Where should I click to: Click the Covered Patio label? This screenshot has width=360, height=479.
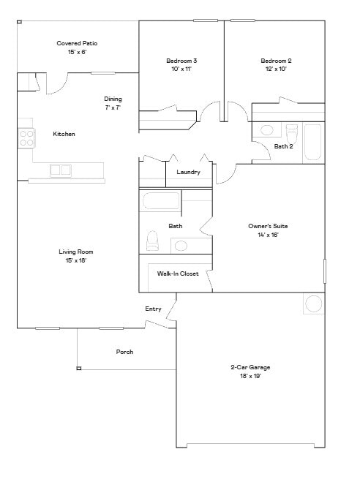[x=77, y=44]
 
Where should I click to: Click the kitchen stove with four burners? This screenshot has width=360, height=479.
[x=26, y=137]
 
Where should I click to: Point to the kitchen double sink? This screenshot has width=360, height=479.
[x=61, y=170]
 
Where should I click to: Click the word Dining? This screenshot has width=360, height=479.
[x=113, y=99]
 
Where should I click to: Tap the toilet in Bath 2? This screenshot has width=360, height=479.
[x=291, y=134]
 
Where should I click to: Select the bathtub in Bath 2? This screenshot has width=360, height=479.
[x=312, y=142]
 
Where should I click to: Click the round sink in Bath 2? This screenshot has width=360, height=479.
[x=267, y=130]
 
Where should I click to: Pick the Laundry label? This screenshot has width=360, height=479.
[x=189, y=173]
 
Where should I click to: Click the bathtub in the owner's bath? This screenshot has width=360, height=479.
[x=161, y=201]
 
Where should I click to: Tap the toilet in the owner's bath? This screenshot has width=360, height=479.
[x=153, y=240]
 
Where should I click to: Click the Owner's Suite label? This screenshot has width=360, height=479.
[x=268, y=227]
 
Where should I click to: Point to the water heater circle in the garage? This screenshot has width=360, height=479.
[x=314, y=303]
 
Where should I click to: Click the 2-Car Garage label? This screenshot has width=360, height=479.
[x=250, y=367]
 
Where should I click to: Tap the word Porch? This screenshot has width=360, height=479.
[x=125, y=352]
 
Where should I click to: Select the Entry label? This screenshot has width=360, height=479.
[x=153, y=309]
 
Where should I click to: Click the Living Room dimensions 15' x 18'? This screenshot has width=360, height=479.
[x=76, y=260]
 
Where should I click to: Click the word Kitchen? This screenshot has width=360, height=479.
[x=64, y=135]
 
